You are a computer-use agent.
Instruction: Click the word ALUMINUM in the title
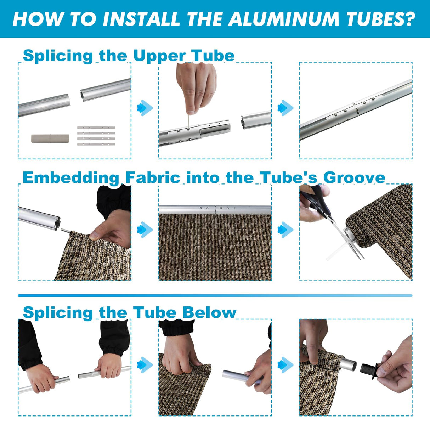point(283,19)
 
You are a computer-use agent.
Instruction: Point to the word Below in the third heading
point(209,312)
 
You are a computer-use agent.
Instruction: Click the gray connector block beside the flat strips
point(50,138)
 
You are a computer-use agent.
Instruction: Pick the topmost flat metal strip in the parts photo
point(96,128)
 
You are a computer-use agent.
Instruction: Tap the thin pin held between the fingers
point(188,122)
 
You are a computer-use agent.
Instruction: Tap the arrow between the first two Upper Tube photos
point(145,108)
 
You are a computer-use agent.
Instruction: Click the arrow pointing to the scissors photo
point(285,230)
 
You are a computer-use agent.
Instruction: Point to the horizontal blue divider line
point(215,296)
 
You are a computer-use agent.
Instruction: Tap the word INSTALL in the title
point(142,19)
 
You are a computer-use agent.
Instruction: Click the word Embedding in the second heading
point(71,178)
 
